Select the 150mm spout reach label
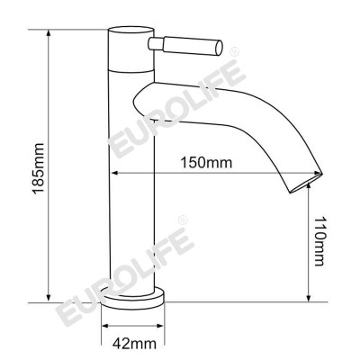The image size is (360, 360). click(205, 163)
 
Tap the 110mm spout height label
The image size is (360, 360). click(321, 243)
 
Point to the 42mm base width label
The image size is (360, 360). click(137, 344)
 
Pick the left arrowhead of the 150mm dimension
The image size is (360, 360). click(115, 174)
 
